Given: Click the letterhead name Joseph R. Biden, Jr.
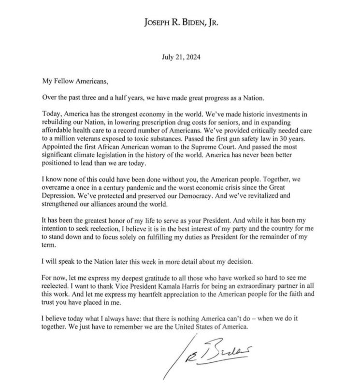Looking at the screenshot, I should pyautogui.click(x=180, y=22).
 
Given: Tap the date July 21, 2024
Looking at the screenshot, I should pyautogui.click(x=180, y=56).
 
